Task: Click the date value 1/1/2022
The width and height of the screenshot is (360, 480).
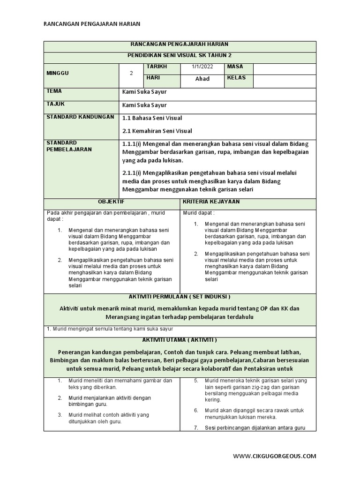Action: (202, 67)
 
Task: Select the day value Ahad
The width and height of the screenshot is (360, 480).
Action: (202, 79)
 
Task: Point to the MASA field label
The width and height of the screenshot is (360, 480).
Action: (235, 67)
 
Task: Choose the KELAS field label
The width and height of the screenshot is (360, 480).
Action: (237, 78)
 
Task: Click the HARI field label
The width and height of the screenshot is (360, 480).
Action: (154, 78)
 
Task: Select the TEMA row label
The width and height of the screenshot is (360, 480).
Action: (54, 91)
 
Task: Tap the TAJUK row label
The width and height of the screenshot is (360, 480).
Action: (55, 104)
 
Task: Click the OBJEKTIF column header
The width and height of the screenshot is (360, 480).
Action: (111, 201)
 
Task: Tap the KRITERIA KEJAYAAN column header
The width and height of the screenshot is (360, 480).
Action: (212, 201)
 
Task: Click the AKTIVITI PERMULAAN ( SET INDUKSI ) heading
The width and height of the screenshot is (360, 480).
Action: (180, 297)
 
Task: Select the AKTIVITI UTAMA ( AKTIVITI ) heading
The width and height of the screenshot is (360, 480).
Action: (180, 339)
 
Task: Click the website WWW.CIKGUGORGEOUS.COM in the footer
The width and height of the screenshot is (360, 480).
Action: (275, 456)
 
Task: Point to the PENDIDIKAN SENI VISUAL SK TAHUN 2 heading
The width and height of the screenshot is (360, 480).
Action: (180, 55)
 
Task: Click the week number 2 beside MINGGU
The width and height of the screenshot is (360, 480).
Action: (131, 74)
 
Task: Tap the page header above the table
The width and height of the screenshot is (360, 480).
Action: (92, 23)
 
